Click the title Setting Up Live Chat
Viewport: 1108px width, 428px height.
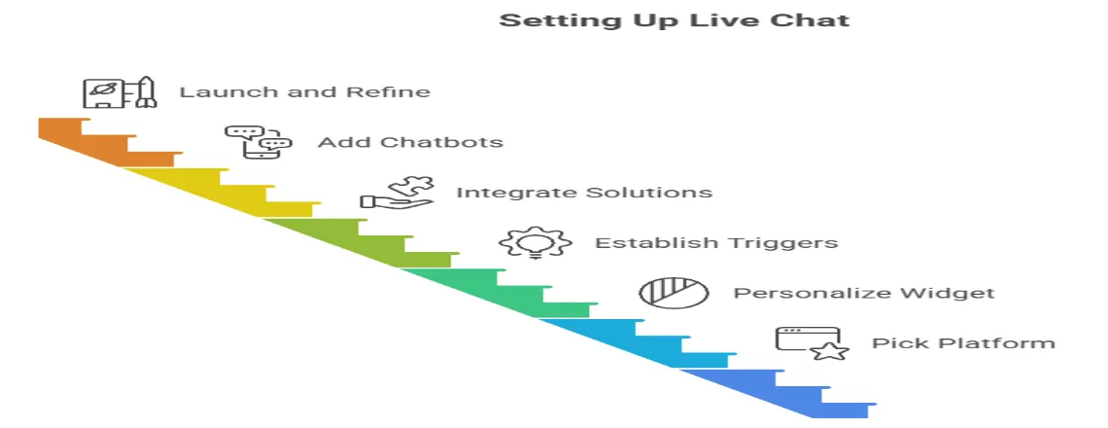[x=674, y=20]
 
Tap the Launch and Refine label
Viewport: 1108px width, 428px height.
[x=304, y=92]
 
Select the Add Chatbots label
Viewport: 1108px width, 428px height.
[x=410, y=142]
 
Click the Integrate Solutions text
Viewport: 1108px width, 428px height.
[x=583, y=193]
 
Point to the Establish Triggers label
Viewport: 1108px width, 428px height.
[x=715, y=242]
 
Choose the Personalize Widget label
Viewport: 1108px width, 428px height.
[x=863, y=293]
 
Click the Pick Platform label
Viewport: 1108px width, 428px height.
[x=962, y=342]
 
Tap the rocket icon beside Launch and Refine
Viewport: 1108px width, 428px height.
[x=119, y=92]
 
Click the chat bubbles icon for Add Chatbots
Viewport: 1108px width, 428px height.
[x=258, y=142]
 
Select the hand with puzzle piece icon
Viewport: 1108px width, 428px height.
[x=397, y=193]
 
